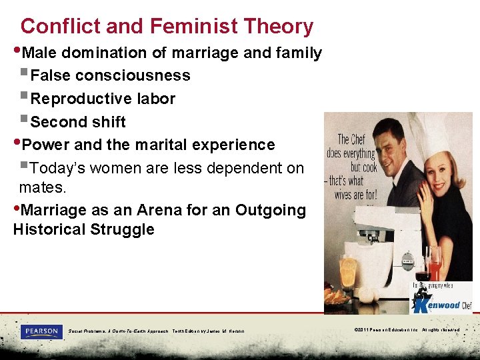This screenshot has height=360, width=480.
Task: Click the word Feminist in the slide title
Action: [193, 27]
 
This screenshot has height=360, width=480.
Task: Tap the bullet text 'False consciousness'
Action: [111, 75]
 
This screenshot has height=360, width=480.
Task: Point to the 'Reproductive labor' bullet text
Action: [103, 99]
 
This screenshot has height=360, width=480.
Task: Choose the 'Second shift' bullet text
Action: [78, 122]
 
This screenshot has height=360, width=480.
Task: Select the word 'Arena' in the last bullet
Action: [163, 210]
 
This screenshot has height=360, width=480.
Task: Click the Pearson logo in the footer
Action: [41, 331]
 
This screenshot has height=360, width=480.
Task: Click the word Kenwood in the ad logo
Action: [445, 305]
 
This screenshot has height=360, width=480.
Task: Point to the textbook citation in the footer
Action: [156, 331]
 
